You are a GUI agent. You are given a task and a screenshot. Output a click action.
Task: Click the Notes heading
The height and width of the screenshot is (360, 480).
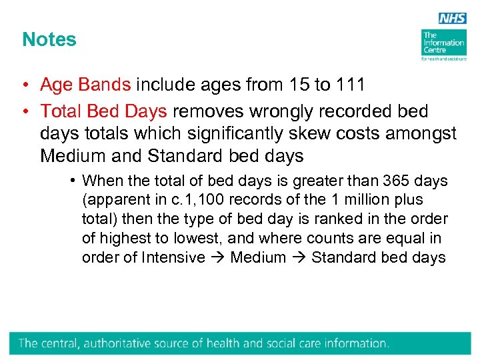[x=49, y=39]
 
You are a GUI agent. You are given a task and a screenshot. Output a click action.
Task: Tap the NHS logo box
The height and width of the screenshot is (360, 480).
[x=452, y=19]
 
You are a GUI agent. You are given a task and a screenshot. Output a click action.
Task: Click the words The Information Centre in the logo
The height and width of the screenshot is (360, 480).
[x=443, y=43]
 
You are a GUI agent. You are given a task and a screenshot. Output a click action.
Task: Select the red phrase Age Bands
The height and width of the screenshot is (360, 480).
[x=85, y=85]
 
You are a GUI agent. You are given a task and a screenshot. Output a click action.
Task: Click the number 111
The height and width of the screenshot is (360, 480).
[x=349, y=85]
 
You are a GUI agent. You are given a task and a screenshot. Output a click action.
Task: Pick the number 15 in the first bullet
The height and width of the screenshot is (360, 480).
[x=299, y=85]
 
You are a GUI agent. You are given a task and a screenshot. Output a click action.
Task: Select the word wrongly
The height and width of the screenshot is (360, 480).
[x=291, y=111]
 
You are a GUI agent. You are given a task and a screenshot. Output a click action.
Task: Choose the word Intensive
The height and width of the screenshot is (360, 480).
[x=173, y=258]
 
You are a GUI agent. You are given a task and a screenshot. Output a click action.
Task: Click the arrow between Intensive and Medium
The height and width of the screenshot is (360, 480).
[x=217, y=258]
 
